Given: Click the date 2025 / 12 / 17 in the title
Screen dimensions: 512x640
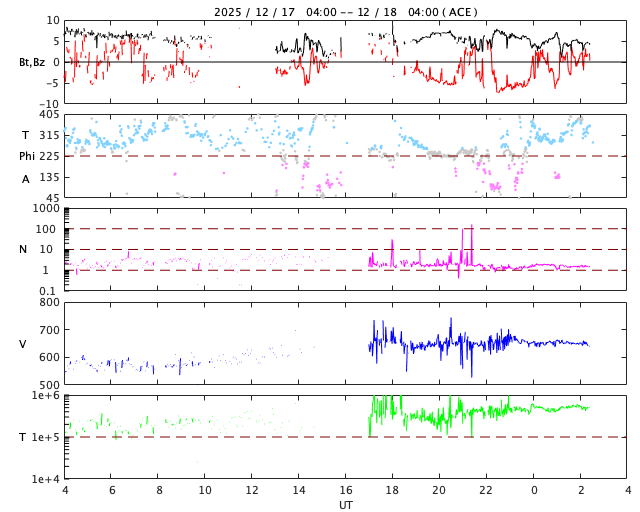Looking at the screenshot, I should click(x=255, y=12).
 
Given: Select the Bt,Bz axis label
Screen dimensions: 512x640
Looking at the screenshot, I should click(x=31, y=62).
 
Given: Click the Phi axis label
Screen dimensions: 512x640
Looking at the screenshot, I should click(x=29, y=156).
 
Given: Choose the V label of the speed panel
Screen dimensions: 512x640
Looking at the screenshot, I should click(x=24, y=344).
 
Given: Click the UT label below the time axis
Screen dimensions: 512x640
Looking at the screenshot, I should click(x=345, y=505).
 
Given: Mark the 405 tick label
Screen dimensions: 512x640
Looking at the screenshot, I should click(x=48, y=115).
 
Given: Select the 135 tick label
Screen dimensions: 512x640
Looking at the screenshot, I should click(x=48, y=177).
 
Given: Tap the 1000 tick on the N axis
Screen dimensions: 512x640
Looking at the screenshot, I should click(x=46, y=208).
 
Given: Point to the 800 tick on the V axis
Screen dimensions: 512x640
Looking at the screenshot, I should click(x=48, y=302).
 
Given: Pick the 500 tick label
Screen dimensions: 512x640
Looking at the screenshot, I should click(x=48, y=385).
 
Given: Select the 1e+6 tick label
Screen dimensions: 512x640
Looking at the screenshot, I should click(x=45, y=396).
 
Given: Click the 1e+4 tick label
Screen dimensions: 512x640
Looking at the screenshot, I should click(x=45, y=479).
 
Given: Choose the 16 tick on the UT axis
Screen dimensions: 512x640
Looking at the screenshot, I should click(x=345, y=490).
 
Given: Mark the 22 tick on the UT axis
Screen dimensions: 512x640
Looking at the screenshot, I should click(x=486, y=490).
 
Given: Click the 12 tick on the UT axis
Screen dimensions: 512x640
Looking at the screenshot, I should click(x=252, y=490).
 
